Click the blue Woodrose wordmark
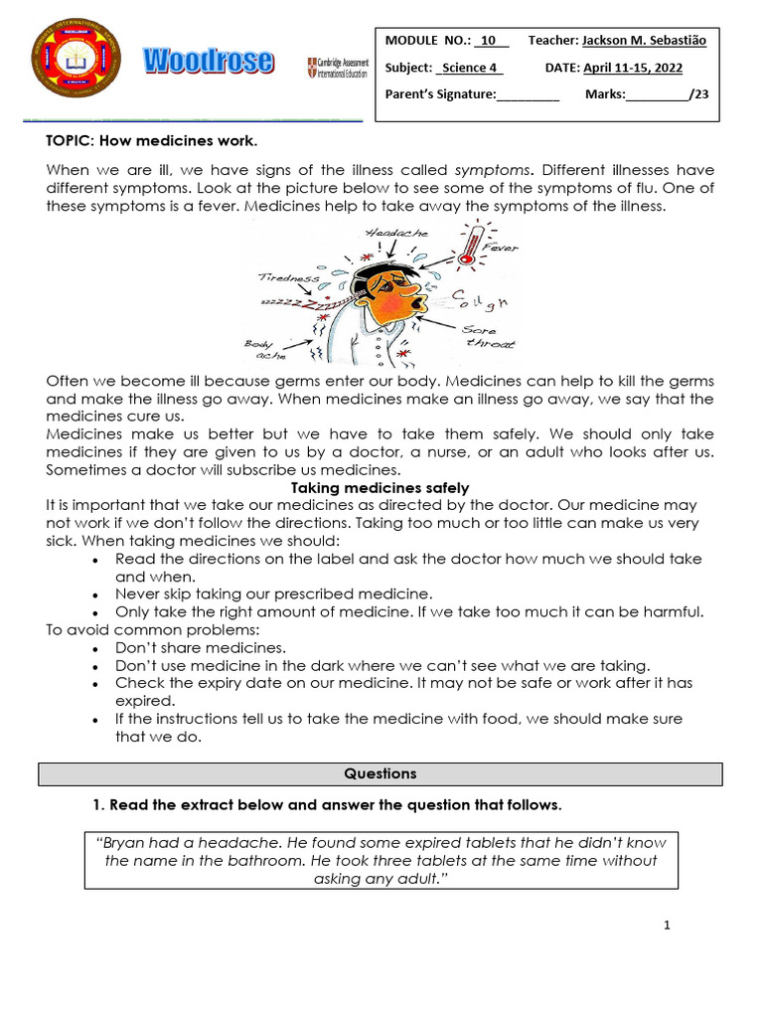click(208, 62)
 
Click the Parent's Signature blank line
click(528, 95)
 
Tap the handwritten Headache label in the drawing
click(395, 233)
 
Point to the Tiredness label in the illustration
click(289, 278)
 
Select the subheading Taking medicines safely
click(381, 487)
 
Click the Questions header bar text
click(381, 773)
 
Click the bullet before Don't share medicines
click(94, 648)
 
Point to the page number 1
click(668, 926)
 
